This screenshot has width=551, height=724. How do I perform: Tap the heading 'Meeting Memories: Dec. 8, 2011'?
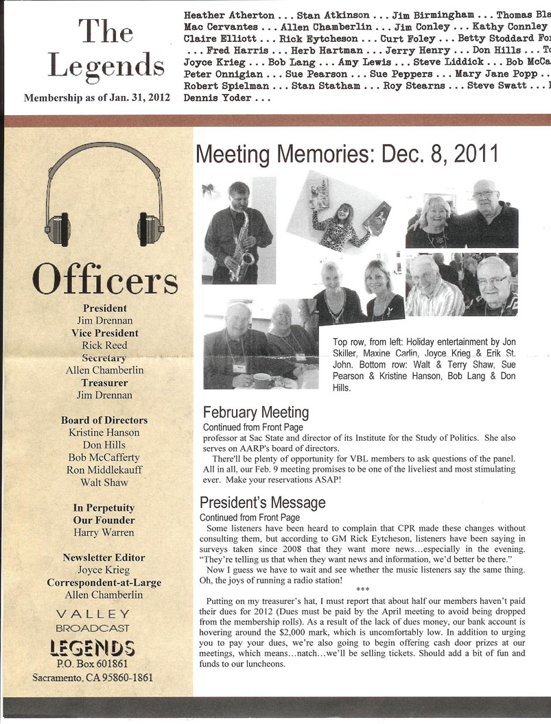(347, 154)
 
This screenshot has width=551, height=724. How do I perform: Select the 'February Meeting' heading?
(256, 413)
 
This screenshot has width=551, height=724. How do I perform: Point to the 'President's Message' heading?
(262, 503)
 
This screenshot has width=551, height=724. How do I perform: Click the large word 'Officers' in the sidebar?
(105, 279)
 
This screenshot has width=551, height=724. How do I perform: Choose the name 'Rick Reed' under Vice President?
(105, 346)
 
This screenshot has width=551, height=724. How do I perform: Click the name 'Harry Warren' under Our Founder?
(104, 533)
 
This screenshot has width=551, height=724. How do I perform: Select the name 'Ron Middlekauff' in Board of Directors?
(105, 470)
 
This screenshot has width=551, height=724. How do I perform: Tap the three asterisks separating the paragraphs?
(363, 589)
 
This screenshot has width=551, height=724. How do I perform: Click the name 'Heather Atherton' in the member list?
(229, 15)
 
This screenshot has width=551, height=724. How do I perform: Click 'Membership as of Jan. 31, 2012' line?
(97, 98)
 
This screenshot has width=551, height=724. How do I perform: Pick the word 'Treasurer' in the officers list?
(104, 383)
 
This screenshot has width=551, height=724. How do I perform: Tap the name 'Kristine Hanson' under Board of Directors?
(104, 433)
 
